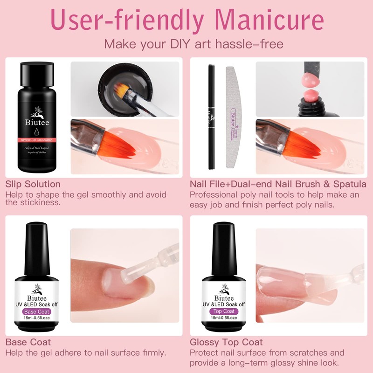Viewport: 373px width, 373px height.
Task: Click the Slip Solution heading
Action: click(x=33, y=184)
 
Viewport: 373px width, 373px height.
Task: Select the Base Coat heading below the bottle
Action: click(x=28, y=342)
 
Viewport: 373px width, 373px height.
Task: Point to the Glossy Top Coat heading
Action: click(x=226, y=342)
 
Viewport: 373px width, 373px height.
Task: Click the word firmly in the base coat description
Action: click(x=152, y=353)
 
